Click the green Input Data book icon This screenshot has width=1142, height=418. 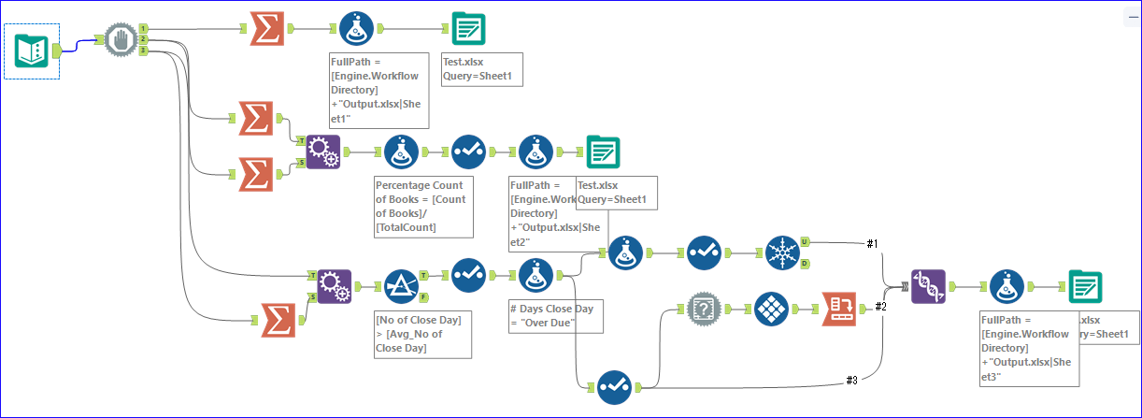pos(32,50)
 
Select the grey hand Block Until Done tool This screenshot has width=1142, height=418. pos(120,40)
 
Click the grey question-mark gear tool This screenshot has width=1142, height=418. pos(704,308)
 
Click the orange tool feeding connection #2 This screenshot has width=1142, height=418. pos(839,308)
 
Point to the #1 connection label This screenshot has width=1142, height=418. pos(872,243)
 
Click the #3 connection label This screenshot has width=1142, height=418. pos(851,379)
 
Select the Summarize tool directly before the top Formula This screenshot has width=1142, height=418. pos(269,29)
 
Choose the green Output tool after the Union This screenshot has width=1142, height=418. pos(1085,286)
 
